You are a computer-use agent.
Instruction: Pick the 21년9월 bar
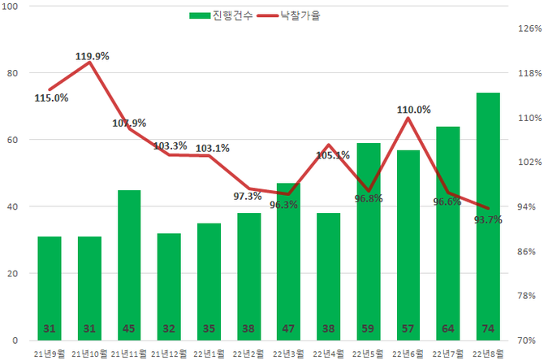50,288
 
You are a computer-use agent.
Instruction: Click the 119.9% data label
93,56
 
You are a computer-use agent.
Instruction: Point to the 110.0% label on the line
414,109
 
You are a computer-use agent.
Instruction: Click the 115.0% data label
51,98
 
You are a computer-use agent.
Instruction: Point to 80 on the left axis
12,73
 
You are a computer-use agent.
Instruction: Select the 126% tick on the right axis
529,28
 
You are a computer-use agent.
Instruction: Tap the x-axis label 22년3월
288,353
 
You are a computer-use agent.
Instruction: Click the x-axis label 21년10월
89,353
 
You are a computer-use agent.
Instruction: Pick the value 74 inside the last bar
488,329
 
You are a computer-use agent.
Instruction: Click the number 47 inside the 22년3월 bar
288,329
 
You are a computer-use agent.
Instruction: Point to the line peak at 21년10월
89,62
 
